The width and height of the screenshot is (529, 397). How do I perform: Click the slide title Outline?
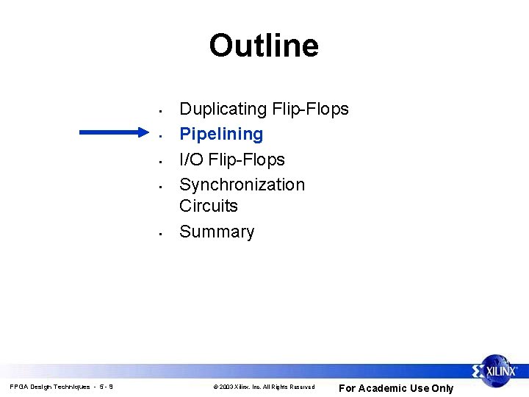tap(264, 46)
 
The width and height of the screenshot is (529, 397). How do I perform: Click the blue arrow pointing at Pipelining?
tap(114, 133)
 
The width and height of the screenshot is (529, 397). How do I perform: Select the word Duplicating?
tap(223, 110)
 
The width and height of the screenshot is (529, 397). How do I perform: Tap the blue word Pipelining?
tap(221, 134)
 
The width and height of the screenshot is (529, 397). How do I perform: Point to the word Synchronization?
tap(242, 185)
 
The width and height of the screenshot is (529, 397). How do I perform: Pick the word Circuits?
tap(209, 206)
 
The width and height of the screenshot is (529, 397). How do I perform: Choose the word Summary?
tap(217, 232)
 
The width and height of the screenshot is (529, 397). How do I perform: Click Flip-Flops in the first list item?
tap(309, 109)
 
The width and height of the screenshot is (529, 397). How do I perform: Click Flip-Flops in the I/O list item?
tap(246, 160)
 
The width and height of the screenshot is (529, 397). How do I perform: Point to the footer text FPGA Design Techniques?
tap(50, 387)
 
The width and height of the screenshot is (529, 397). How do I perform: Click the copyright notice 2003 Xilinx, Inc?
tap(264, 387)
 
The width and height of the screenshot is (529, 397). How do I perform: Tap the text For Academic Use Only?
tap(395, 388)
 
